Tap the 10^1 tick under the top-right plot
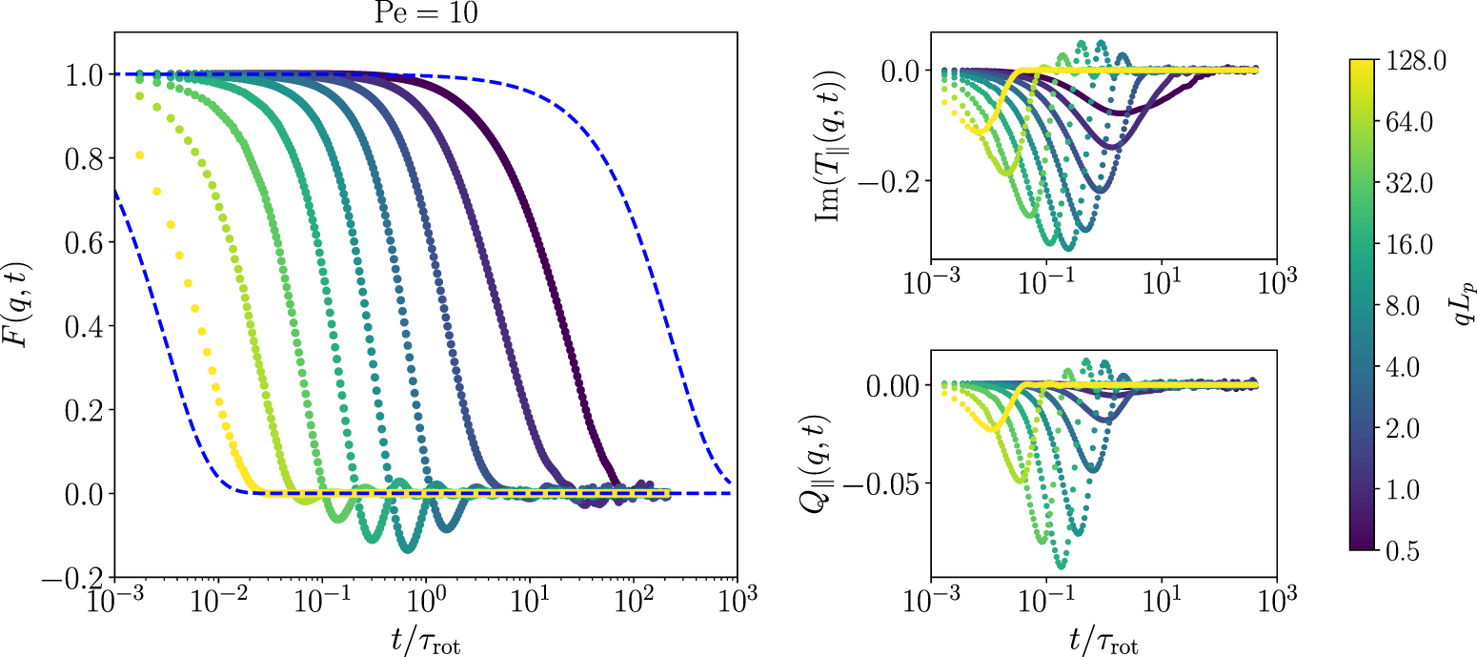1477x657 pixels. [x=1162, y=284]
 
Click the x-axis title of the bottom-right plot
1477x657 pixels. [x=1103, y=638]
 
